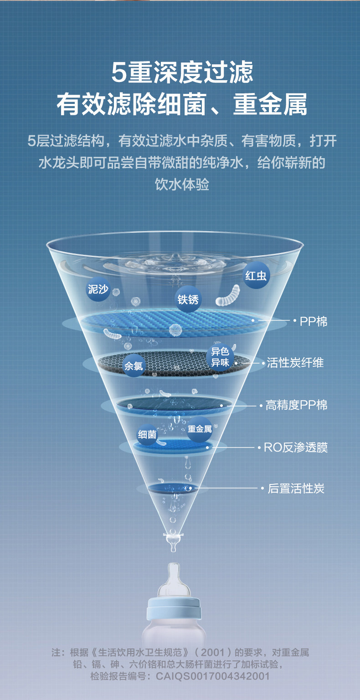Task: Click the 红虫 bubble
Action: [x=257, y=275]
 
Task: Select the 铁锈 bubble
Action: [x=188, y=299]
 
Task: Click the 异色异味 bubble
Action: [x=220, y=357]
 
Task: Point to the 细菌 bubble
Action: [x=147, y=434]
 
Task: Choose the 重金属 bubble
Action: [x=200, y=429]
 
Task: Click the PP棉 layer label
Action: [x=314, y=321]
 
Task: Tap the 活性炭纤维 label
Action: [x=295, y=363]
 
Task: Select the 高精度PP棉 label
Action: [x=296, y=405]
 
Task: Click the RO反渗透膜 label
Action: [x=296, y=447]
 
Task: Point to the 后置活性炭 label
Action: [x=296, y=489]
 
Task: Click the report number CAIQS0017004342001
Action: [x=213, y=676]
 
